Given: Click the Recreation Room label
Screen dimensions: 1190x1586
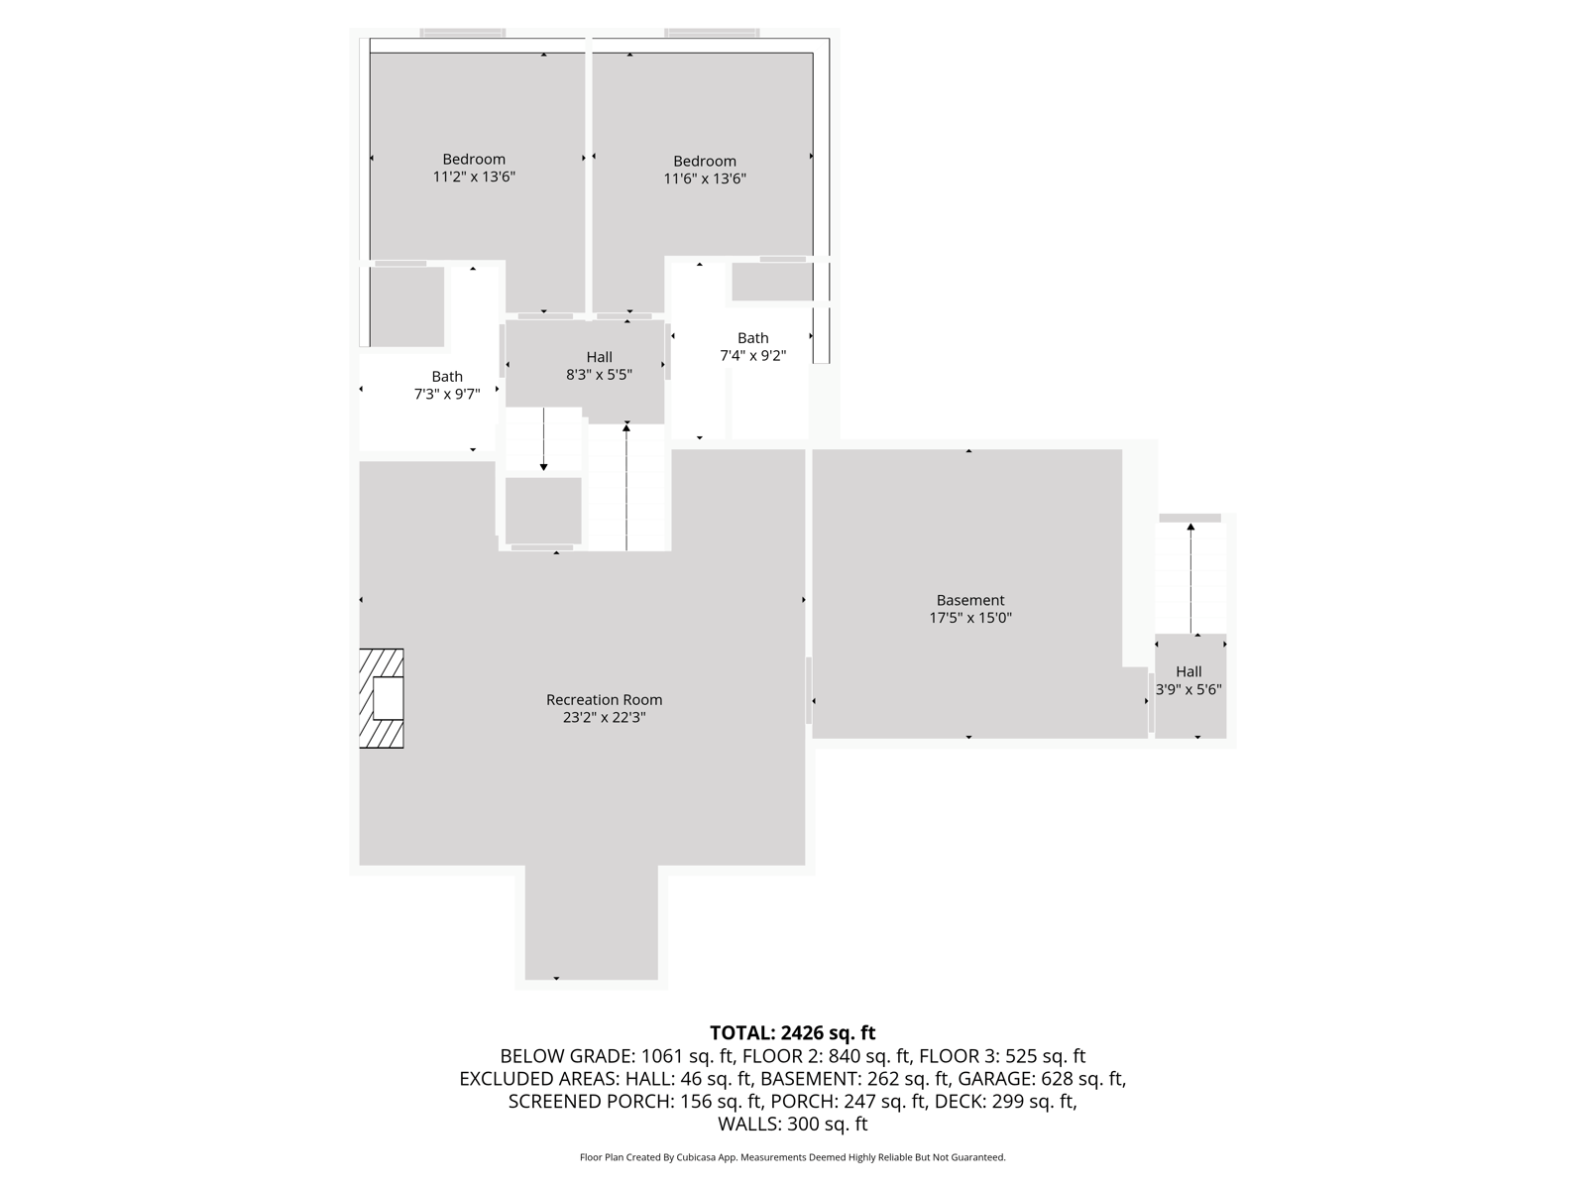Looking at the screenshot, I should pos(604,699).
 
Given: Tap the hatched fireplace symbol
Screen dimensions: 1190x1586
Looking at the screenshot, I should pos(382,698).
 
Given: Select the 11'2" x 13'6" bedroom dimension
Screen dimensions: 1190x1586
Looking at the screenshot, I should pos(474,178).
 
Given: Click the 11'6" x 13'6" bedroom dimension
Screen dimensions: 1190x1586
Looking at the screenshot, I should pos(705,179).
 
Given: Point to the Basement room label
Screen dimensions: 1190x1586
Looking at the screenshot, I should pos(969,600).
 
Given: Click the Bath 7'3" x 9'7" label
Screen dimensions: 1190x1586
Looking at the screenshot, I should pos(447,385).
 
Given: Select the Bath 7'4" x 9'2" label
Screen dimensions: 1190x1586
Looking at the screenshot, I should pos(752,346).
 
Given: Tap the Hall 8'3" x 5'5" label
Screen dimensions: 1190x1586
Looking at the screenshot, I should pos(599,366).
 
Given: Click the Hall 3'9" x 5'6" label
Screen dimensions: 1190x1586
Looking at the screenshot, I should pos(1189,680).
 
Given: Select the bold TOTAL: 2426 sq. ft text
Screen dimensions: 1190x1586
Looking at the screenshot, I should pos(792,1033).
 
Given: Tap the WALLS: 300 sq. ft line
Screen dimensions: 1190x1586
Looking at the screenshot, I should pos(792,1124).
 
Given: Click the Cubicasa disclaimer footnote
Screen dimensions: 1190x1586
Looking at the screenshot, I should pos(792,1157).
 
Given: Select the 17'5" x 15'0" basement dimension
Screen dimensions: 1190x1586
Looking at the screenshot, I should pos(969,618).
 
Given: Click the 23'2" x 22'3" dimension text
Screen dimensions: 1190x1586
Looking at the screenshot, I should pos(604,717).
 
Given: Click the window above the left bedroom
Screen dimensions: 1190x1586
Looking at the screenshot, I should pos(462,33).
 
